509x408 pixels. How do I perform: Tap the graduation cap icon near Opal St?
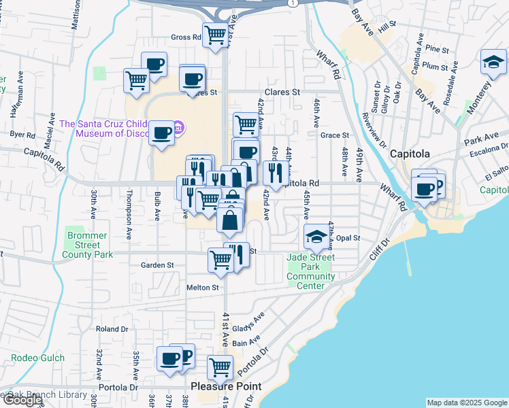[x=315, y=237]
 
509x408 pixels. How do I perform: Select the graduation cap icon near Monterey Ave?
[x=492, y=63]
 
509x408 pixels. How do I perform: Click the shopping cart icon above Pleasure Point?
[x=220, y=367]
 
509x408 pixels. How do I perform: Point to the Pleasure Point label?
[x=226, y=386]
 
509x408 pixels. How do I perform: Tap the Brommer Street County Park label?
[x=88, y=245]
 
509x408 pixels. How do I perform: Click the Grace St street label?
[x=334, y=135]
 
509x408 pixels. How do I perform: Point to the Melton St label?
[x=203, y=288]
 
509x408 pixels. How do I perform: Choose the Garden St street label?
[x=157, y=265]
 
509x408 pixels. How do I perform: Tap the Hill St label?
[x=388, y=24]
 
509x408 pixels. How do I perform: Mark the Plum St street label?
[x=436, y=66]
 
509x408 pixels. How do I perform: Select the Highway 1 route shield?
[x=292, y=3]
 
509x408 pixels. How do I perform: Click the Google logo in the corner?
[x=22, y=400]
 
